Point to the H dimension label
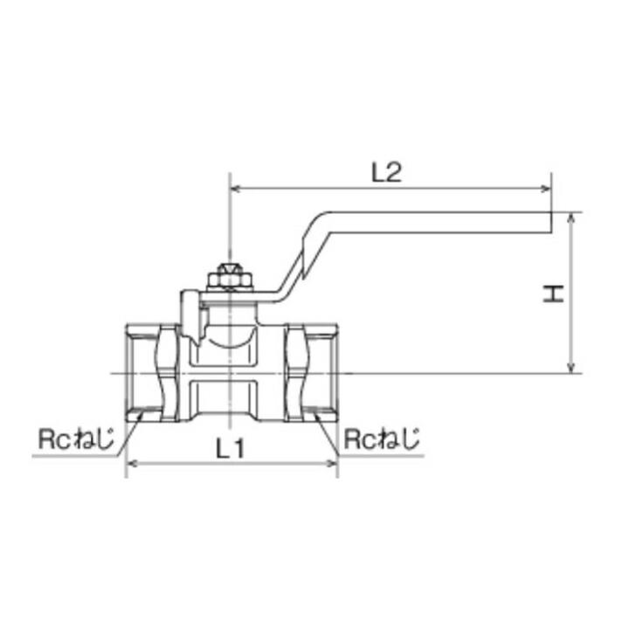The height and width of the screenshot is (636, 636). pos(552,294)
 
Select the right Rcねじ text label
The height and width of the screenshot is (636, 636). pos(381,439)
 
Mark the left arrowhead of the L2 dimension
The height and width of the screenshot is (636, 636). pos(234,188)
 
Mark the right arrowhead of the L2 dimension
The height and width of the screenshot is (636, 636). pos(547,188)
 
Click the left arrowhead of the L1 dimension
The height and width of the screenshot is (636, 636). pos(132,464)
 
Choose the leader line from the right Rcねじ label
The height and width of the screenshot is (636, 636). pos(331,434)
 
